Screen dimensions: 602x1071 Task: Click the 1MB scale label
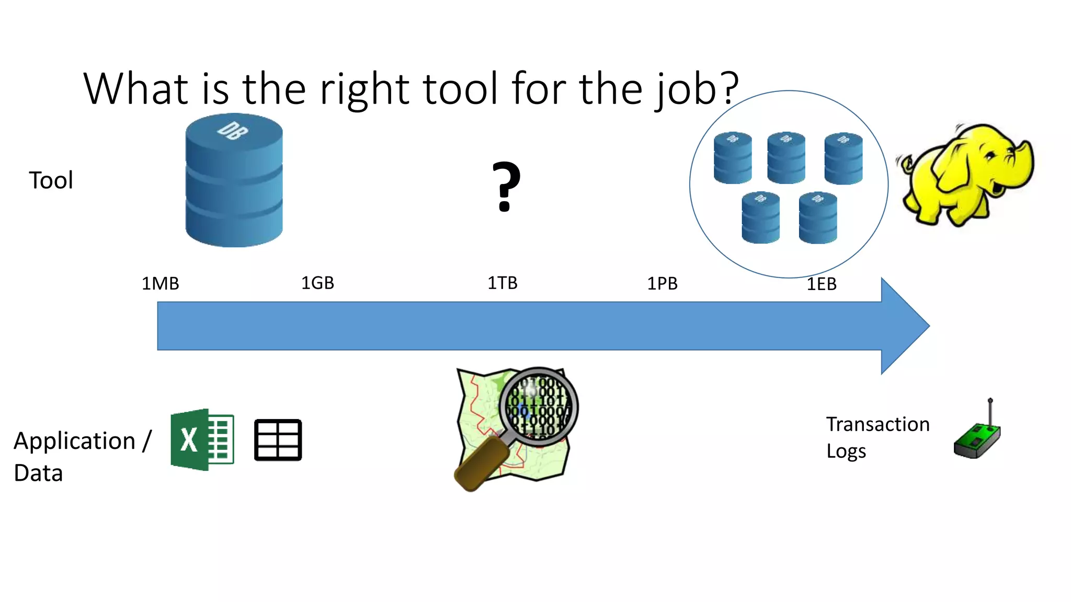point(161,284)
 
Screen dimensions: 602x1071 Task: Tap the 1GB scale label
point(317,283)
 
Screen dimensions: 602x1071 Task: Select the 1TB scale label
point(503,283)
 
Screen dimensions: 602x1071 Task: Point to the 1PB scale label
point(662,284)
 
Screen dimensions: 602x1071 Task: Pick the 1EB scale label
point(822,284)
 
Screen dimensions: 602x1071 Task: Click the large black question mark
point(506,187)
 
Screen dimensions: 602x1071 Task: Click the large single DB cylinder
point(234,180)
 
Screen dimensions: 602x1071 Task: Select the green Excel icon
point(202,439)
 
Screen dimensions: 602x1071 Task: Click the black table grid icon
point(278,440)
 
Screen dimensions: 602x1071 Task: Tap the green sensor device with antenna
point(977,436)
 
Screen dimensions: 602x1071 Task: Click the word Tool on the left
point(51,181)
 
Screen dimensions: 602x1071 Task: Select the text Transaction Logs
point(877,437)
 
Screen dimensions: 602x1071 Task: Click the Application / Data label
point(82,456)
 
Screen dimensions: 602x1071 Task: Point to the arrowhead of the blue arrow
point(905,326)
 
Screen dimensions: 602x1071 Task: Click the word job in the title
point(685,90)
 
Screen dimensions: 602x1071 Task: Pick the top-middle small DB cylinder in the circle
point(786,157)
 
